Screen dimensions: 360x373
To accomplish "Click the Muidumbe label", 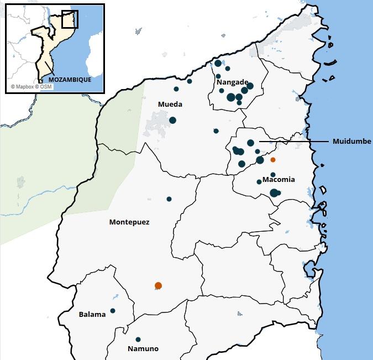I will [352, 142].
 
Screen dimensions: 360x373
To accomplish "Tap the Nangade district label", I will [232, 82].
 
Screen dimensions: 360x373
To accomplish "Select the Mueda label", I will [170, 104].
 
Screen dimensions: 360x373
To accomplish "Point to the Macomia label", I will [279, 180].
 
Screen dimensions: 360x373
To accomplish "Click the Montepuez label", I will [129, 222].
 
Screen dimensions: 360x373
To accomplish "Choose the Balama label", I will [92, 315].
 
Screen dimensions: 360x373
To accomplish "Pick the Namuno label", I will [143, 349].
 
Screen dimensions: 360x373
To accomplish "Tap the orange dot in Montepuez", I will [159, 285].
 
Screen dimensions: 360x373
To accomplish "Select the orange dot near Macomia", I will [272, 160].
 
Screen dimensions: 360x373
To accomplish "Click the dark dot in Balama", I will [113, 311].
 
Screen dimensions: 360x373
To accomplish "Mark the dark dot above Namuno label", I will [138, 340].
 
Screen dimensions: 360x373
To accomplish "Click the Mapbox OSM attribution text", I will [31, 87].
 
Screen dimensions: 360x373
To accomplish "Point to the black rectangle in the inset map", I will [70, 19].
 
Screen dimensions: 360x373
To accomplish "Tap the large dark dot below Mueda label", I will [172, 120].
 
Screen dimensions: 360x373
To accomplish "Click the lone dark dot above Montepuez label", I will [169, 199].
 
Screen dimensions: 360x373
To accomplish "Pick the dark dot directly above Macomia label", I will [273, 175].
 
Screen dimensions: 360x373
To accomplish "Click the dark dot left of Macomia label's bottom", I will [259, 182].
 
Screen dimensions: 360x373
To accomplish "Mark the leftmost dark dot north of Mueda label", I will [176, 89].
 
